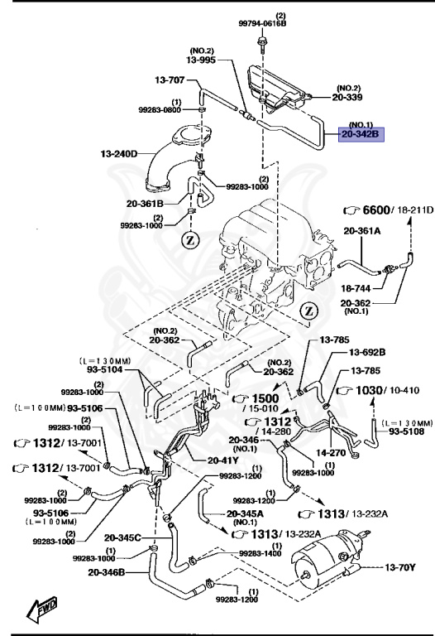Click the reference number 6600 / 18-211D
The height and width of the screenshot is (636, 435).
[x=387, y=210]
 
